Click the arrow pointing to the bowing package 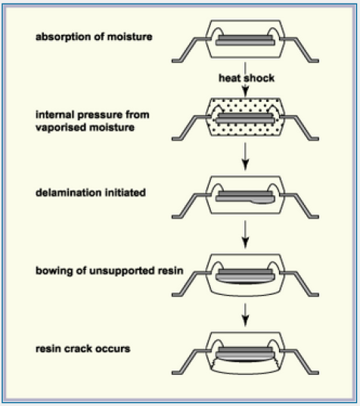pyautogui.click(x=245, y=238)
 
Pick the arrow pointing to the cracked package pyautogui.click(x=245, y=317)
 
